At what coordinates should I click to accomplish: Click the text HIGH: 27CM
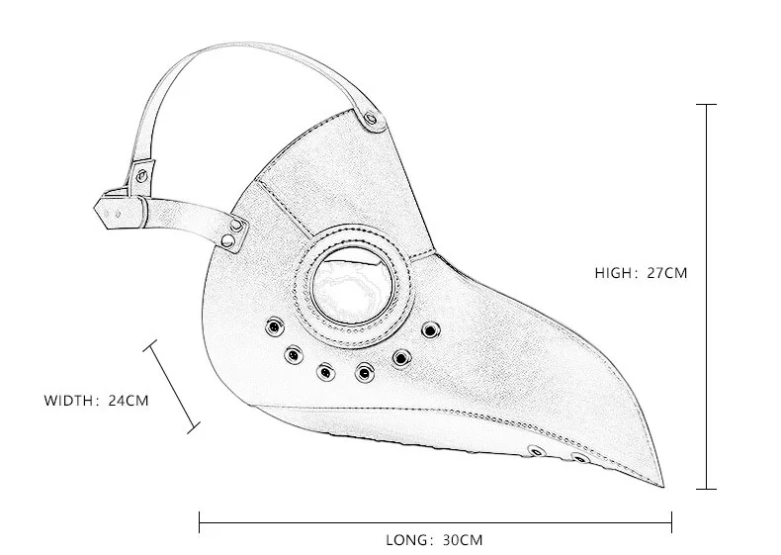(640, 273)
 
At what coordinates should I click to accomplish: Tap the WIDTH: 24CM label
(96, 401)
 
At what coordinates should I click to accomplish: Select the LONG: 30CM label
(434, 540)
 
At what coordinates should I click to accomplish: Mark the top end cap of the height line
(707, 103)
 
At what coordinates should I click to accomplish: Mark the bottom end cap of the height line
(707, 488)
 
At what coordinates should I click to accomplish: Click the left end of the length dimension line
(200, 519)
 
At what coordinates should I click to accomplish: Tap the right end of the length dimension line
(671, 519)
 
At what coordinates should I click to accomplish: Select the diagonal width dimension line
(173, 386)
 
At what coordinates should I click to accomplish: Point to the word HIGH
(615, 273)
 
